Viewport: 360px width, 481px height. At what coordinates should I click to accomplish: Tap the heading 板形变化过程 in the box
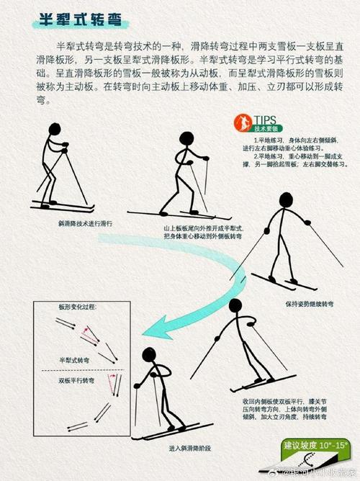pos(77,308)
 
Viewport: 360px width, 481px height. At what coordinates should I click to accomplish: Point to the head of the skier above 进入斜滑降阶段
pos(148,354)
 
